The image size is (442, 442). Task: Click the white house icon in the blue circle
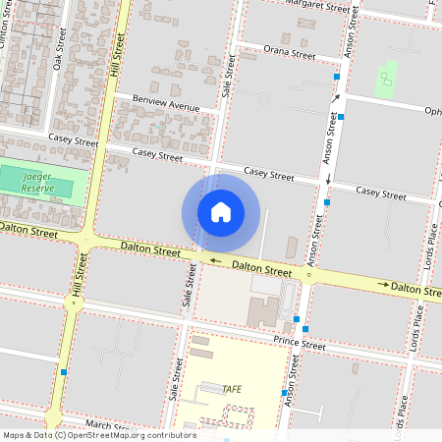pyautogui.click(x=221, y=211)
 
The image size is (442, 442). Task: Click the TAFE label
pyautogui.click(x=232, y=389)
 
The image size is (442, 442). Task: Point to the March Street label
pyautogui.click(x=103, y=424)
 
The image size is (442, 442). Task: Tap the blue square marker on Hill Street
pyautogui.click(x=64, y=372)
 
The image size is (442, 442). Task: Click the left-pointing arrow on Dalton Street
pyautogui.click(x=199, y=260)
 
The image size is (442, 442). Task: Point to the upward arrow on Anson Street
pyautogui.click(x=335, y=98)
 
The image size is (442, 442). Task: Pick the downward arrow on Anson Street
pyautogui.click(x=326, y=178)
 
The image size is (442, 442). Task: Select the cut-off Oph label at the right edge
pyautogui.click(x=432, y=110)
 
